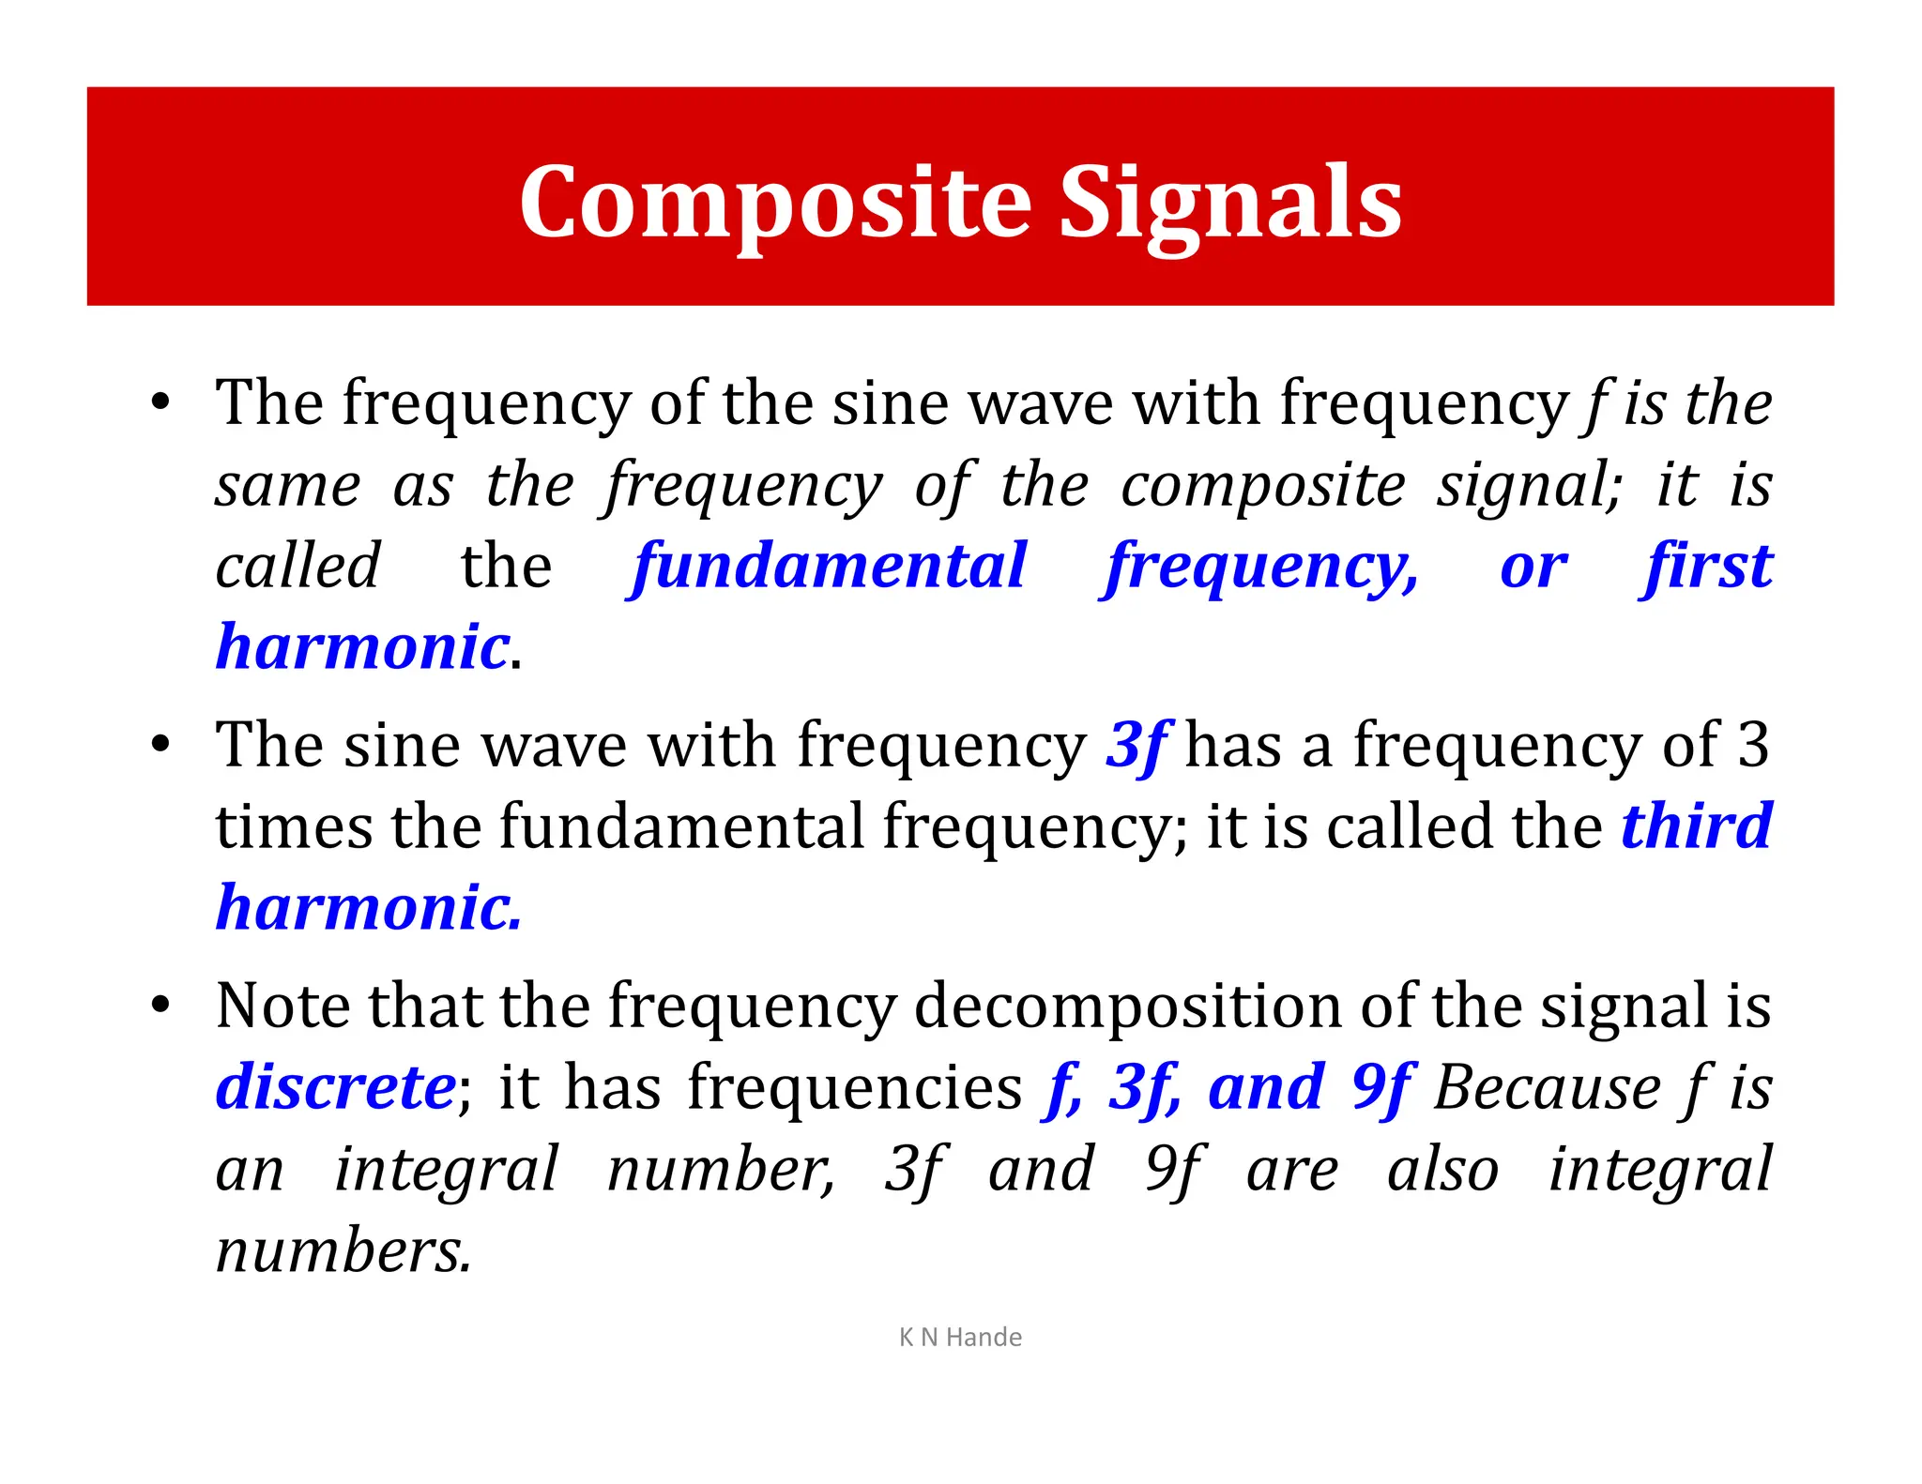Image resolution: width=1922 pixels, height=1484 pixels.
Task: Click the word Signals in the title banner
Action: (1230, 203)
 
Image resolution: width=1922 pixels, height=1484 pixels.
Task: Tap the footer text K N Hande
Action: (960, 1337)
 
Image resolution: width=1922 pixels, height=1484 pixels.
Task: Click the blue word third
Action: (1697, 825)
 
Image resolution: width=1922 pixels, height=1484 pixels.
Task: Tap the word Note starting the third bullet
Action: (282, 1006)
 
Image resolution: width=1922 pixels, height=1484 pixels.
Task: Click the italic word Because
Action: (1548, 1088)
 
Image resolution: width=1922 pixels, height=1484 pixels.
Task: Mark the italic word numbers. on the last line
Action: (343, 1251)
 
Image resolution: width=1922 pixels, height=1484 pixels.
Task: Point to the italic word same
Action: (287, 486)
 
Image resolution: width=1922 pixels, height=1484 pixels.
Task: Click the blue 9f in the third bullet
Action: (1381, 1088)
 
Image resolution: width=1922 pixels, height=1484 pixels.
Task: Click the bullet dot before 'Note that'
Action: (161, 1004)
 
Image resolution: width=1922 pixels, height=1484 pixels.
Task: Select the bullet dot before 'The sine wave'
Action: (161, 744)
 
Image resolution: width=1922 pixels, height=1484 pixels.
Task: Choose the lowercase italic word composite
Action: (1263, 486)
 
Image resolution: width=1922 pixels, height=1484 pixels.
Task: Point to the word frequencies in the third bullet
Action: (854, 1088)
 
